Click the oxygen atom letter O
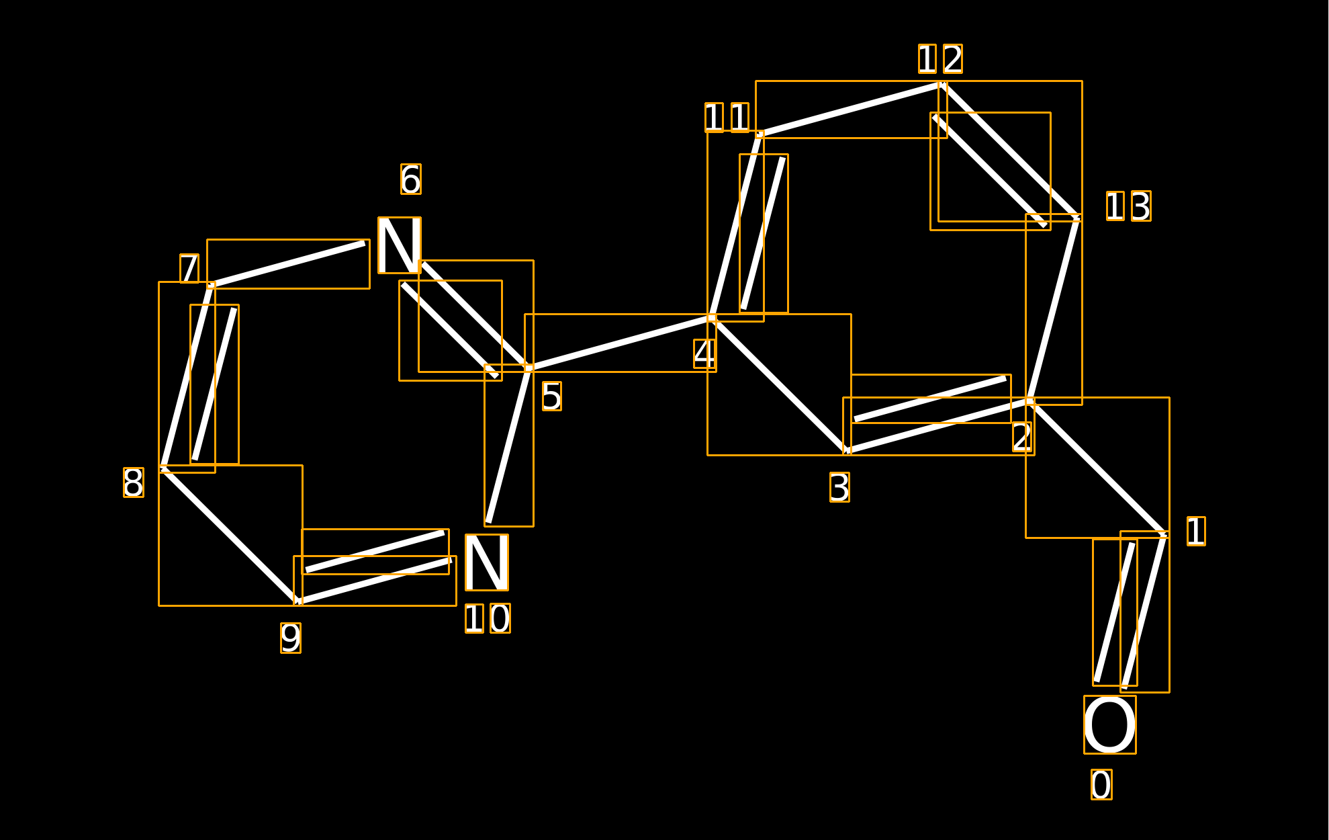point(1109,724)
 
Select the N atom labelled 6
point(400,245)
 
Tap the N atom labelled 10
point(487,562)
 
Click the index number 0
point(1101,784)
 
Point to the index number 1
point(1196,531)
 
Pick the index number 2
point(1022,437)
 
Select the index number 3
point(839,487)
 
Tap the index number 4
point(704,353)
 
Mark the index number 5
point(551,396)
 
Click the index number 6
point(411,179)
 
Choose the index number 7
point(189,268)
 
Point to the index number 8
point(133,482)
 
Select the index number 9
point(291,638)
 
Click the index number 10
point(488,618)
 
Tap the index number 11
point(727,118)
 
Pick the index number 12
point(940,59)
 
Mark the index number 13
point(1128,206)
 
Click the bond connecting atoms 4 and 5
point(621,343)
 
